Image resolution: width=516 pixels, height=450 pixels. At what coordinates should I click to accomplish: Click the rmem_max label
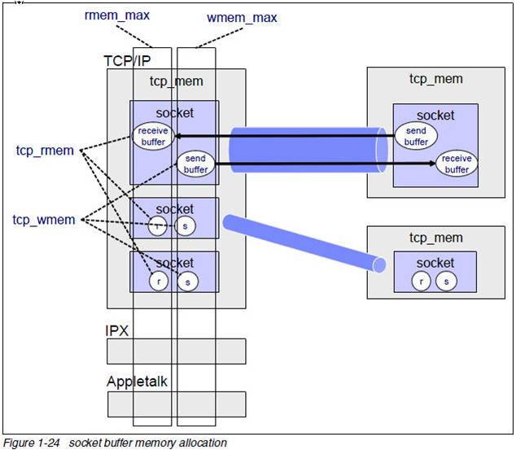[117, 15]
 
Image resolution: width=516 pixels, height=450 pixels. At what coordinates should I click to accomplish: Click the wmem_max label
[242, 18]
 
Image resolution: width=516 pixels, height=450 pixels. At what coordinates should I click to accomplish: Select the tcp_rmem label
[45, 151]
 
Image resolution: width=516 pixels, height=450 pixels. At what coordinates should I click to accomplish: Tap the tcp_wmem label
[44, 220]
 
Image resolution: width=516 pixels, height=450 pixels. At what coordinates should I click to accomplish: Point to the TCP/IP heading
[127, 61]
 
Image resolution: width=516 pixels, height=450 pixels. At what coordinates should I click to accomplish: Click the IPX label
[117, 330]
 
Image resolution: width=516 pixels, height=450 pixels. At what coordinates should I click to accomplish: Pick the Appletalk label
[137, 382]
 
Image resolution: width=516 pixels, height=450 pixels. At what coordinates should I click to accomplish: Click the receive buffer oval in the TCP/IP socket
[153, 136]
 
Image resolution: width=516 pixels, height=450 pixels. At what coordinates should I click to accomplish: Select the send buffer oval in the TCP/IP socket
[196, 164]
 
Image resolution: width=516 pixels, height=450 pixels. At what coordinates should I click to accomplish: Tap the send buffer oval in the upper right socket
[416, 136]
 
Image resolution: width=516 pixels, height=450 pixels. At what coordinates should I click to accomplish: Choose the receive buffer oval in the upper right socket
[457, 164]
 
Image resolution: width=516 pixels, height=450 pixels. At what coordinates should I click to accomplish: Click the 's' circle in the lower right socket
[446, 282]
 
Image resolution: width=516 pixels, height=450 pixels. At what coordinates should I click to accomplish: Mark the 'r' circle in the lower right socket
[422, 282]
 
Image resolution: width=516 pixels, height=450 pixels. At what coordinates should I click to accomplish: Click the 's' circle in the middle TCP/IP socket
[185, 226]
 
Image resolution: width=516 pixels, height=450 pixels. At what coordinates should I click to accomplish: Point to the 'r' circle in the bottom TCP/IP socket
[159, 282]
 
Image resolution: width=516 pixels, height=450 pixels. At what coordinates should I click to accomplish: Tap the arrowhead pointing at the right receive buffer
[431, 164]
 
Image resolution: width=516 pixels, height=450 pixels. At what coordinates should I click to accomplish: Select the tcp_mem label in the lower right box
[436, 238]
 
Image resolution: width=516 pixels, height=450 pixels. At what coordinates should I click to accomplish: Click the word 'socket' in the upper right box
[435, 116]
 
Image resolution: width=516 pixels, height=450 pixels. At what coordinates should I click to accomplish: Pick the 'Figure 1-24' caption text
[31, 443]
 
